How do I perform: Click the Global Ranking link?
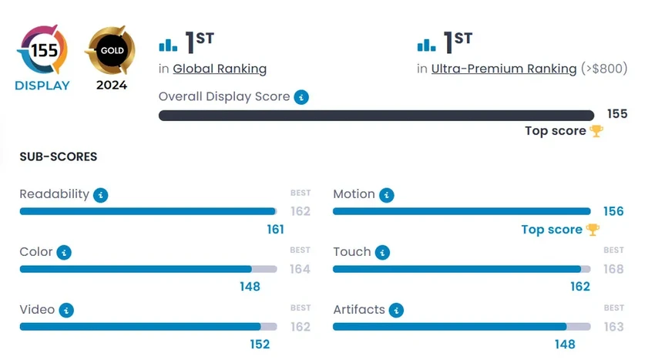tap(220, 69)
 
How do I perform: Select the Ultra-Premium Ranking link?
tap(504, 69)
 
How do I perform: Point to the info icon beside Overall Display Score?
tap(302, 97)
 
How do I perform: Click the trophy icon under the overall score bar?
tap(596, 131)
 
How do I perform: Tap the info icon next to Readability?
tap(100, 195)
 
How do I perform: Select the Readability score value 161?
tap(275, 229)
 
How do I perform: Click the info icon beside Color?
tap(64, 252)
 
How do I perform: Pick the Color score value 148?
tap(250, 287)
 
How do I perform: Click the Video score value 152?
tap(260, 344)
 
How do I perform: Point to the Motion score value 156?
tap(613, 211)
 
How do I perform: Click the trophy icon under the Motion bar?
tap(593, 230)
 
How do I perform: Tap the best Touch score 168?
tap(613, 269)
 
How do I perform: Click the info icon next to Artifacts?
tap(396, 310)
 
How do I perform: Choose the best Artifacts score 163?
tap(613, 327)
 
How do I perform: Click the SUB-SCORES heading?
tap(59, 156)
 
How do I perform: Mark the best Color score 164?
tap(300, 269)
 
